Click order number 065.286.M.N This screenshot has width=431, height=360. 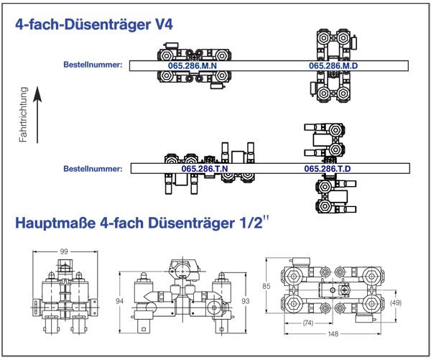click(x=193, y=65)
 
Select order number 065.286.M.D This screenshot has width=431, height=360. click(x=333, y=65)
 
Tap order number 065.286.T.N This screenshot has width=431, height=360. click(x=205, y=169)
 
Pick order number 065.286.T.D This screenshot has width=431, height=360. click(x=328, y=169)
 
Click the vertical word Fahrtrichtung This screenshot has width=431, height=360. click(x=24, y=114)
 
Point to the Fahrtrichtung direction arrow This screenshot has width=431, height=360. click(x=37, y=114)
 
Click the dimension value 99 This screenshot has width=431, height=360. click(x=64, y=251)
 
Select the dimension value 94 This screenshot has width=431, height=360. click(x=119, y=301)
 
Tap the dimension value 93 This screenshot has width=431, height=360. click(x=246, y=301)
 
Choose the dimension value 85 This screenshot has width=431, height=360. click(x=266, y=286)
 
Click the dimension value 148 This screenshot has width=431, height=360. click(x=333, y=334)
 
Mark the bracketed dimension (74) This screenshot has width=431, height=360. click(x=308, y=323)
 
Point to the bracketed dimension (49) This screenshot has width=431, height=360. click(x=396, y=303)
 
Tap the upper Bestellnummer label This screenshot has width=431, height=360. click(x=93, y=65)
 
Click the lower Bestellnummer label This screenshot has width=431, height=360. click(x=93, y=169)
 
